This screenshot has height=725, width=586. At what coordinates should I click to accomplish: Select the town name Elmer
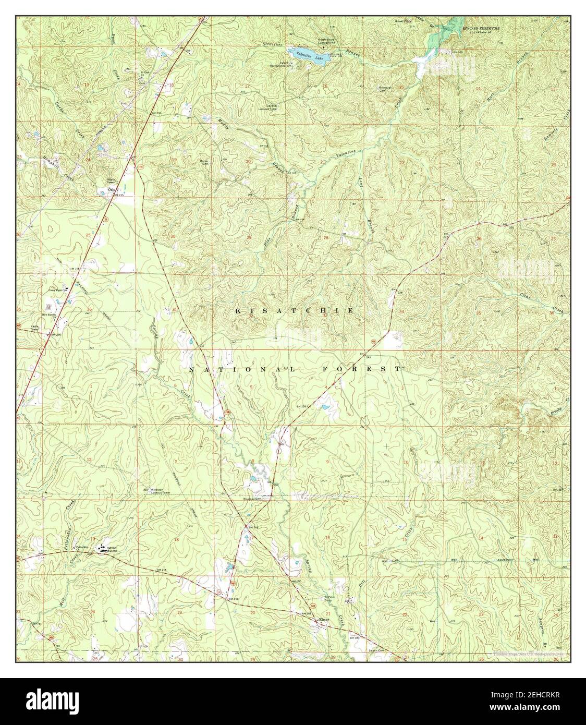[324, 619]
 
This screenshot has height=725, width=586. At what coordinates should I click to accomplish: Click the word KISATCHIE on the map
[295, 310]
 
